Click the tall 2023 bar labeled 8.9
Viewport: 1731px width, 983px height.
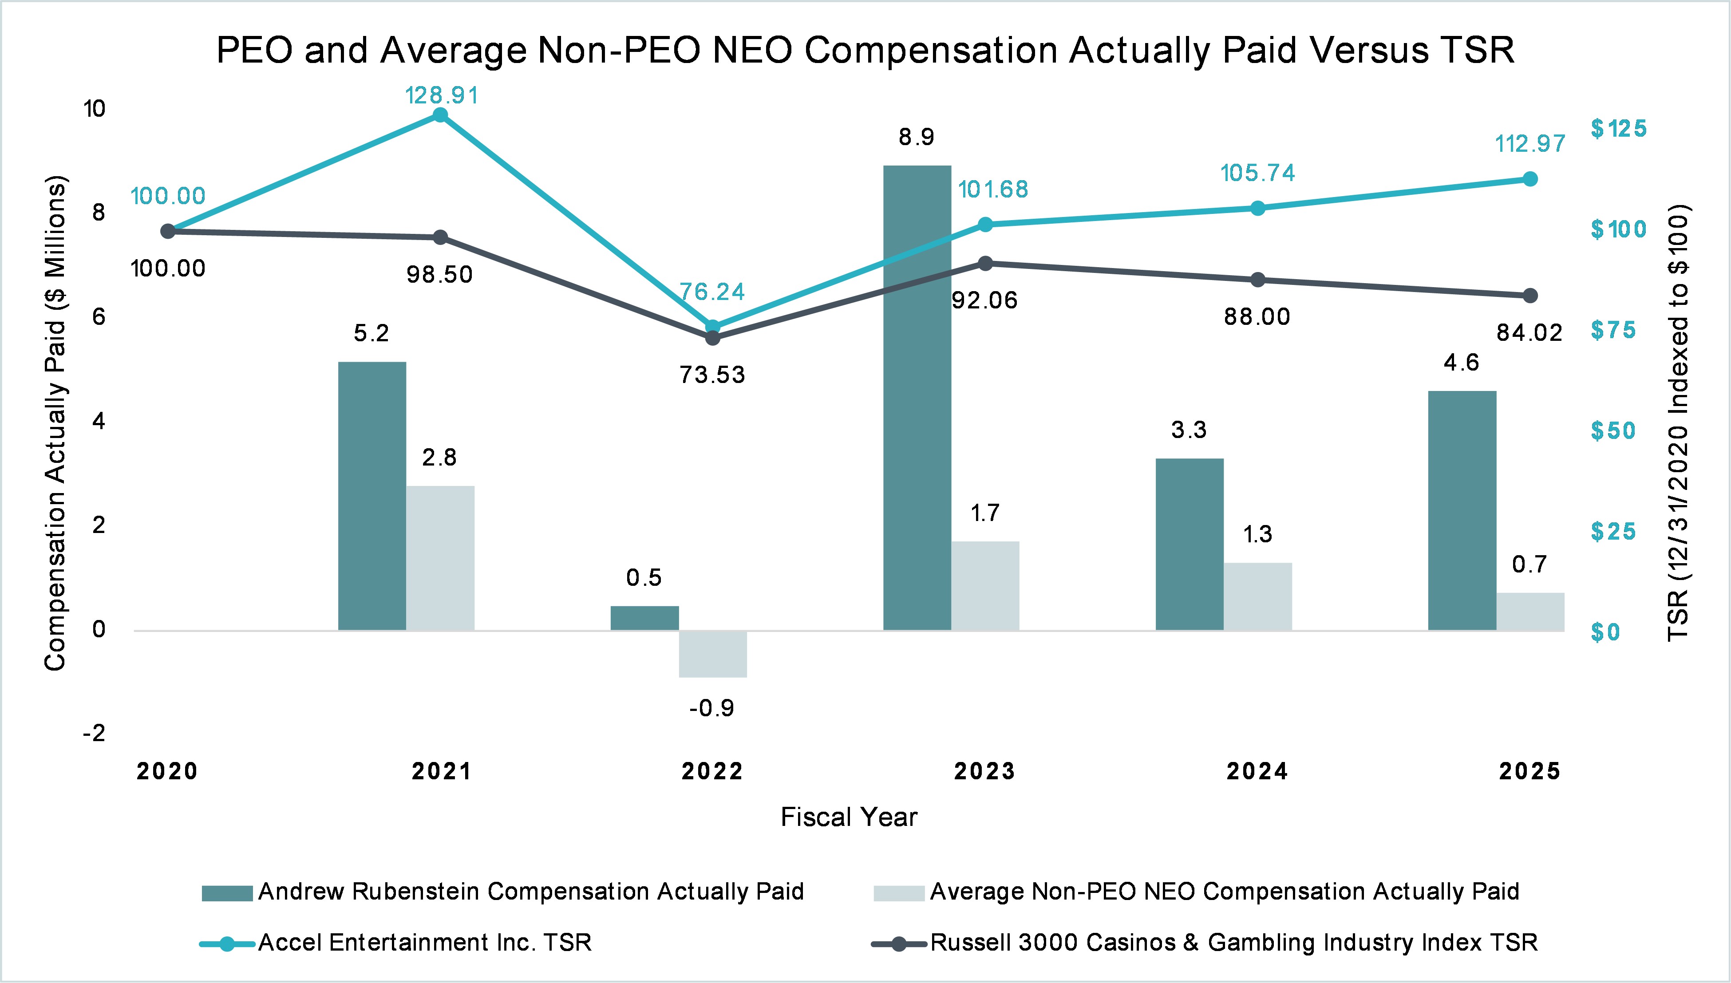pos(917,399)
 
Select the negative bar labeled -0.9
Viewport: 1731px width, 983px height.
pos(713,654)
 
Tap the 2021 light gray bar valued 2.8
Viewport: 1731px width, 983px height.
pos(440,558)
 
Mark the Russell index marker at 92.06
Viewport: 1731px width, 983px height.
pos(985,263)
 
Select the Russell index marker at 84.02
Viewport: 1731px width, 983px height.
pos(1530,296)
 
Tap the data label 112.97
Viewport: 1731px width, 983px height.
pos(1530,144)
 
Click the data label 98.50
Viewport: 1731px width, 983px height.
pos(439,275)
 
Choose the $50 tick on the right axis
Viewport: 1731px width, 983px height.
pos(1613,431)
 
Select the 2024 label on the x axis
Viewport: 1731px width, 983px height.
pos(1257,771)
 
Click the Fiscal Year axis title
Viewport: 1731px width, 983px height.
pos(849,817)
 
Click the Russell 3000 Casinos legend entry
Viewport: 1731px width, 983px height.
pos(1233,943)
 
